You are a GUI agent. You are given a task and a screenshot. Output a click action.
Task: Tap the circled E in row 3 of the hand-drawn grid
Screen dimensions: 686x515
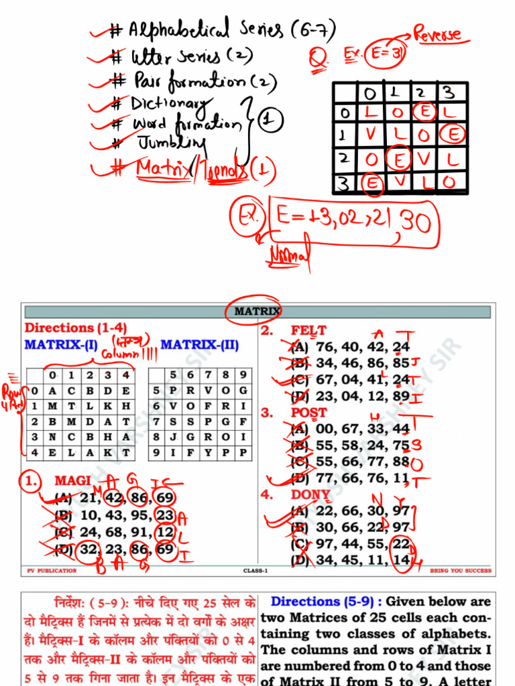[372, 182]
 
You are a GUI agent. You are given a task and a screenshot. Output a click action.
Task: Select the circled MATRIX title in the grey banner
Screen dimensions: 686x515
[256, 312]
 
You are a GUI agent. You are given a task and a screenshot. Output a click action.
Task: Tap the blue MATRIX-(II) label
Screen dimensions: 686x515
[200, 344]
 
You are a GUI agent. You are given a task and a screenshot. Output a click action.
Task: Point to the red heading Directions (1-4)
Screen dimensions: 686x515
[76, 328]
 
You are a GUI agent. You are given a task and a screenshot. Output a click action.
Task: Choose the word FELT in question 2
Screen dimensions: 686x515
[308, 330]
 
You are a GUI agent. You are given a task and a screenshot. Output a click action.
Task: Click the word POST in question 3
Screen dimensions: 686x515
[309, 413]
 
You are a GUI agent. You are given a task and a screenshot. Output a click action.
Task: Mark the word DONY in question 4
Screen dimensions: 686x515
[310, 495]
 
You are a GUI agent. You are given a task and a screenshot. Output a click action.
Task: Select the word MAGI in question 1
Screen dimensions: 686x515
[72, 481]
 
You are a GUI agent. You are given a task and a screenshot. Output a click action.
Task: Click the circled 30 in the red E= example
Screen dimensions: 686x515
[415, 223]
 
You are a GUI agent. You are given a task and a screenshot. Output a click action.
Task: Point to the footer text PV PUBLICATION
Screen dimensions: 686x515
[52, 571]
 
